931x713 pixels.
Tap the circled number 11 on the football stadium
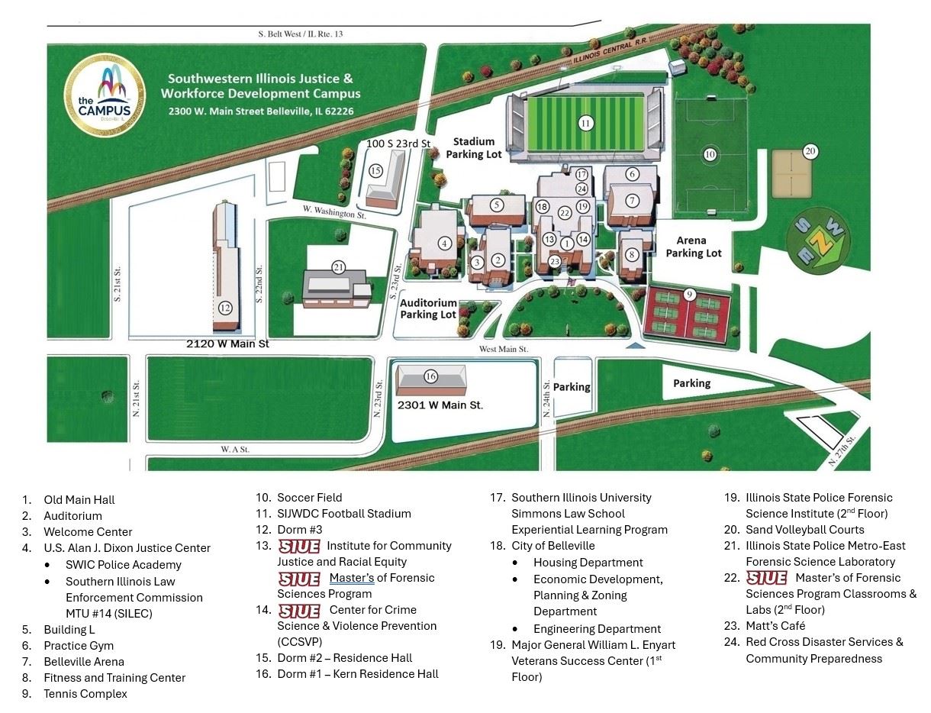(x=585, y=123)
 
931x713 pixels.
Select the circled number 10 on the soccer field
(x=710, y=154)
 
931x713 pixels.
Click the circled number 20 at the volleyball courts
(x=810, y=151)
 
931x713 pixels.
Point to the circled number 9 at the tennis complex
(x=689, y=293)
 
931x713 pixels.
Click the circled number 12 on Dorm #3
(x=225, y=308)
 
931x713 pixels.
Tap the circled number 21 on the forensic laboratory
(x=339, y=266)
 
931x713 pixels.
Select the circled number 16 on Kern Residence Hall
(x=430, y=376)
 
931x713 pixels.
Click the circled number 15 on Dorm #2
(x=375, y=171)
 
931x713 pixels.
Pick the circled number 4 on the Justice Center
(x=445, y=244)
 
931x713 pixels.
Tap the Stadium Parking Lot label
(x=474, y=148)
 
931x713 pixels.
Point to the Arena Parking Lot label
(x=693, y=247)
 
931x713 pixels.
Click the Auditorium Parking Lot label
(x=428, y=308)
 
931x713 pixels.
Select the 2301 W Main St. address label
(x=440, y=405)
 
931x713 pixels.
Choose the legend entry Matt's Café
(x=775, y=626)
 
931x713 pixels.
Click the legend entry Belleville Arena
(x=84, y=662)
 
